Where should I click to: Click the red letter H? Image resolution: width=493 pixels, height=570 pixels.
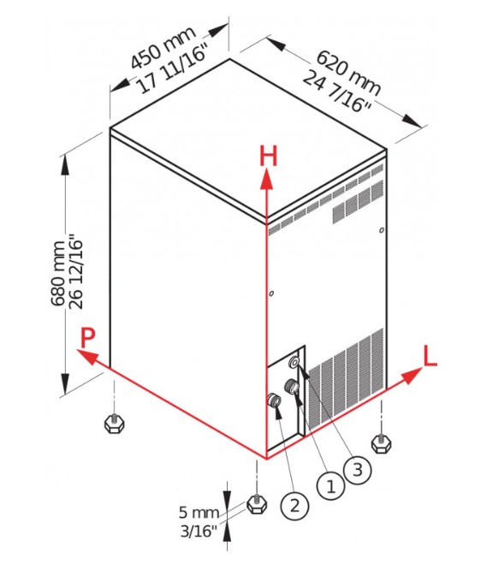268,156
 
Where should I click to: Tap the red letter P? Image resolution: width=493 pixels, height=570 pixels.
87,338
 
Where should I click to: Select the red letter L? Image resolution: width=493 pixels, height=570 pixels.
430,356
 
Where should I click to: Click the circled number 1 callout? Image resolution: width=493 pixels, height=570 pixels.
330,486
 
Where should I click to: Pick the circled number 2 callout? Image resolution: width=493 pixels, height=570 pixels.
294,506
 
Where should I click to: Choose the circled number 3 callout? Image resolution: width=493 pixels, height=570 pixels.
358,470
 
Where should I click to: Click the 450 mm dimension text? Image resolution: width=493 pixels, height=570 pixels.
163,48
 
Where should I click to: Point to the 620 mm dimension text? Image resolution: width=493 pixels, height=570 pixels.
348,73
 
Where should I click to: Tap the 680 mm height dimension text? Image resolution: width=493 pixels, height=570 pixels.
58,273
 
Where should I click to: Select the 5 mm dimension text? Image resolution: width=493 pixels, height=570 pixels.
199,513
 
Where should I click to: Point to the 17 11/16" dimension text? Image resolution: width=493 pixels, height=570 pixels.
174,69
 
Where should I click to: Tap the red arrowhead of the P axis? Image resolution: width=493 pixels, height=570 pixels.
87,356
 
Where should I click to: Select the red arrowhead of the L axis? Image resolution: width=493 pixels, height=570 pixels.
412,375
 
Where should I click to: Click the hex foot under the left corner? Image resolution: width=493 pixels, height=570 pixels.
115,424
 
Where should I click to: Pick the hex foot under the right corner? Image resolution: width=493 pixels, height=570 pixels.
381,443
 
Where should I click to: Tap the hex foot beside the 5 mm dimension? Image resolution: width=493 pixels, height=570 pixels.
257,503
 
